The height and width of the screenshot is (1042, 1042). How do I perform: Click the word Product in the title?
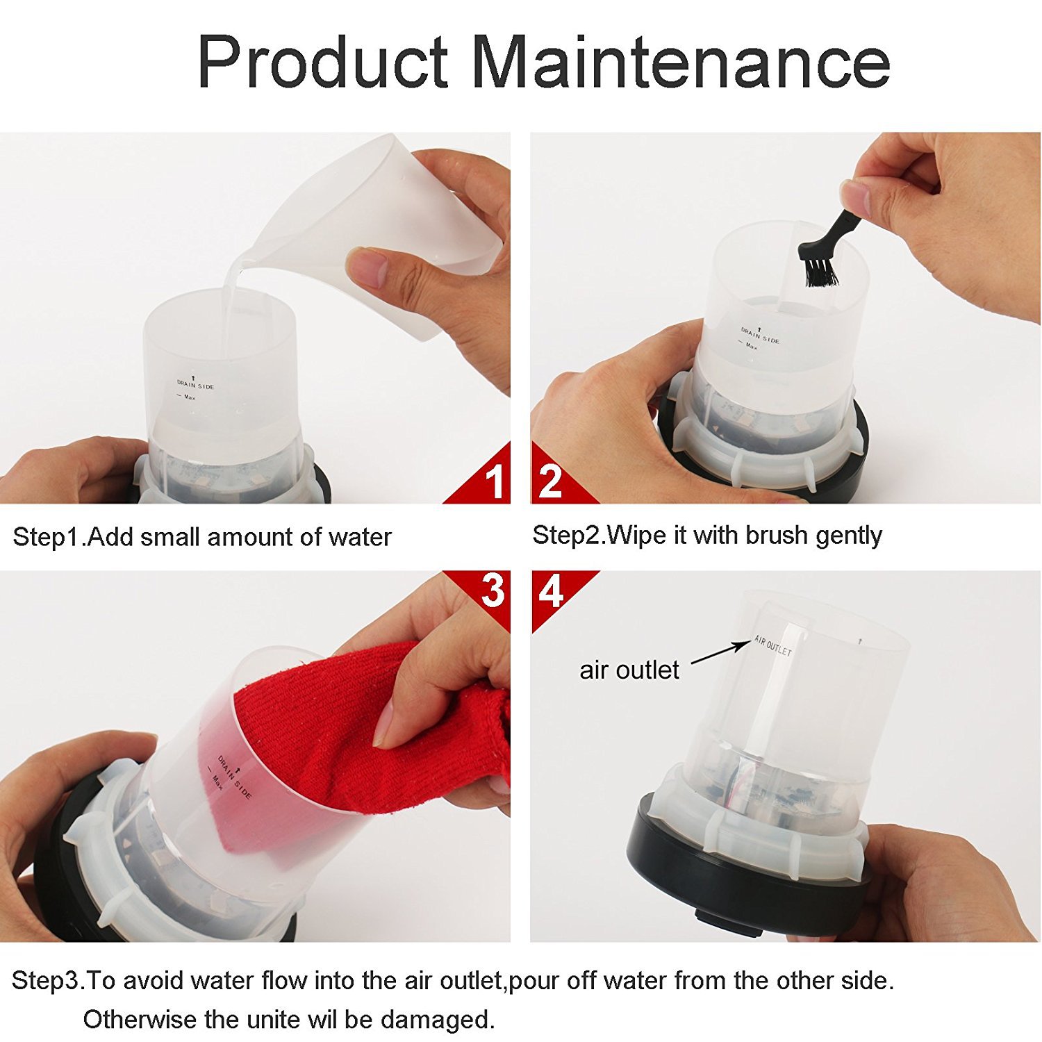tap(323, 62)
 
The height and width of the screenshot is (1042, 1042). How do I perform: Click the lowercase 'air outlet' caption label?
tap(629, 670)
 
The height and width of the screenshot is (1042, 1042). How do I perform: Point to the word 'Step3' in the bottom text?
tap(46, 982)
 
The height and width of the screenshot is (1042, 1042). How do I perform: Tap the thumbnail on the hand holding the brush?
tap(856, 197)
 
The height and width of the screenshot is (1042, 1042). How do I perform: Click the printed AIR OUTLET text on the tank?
tap(773, 646)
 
